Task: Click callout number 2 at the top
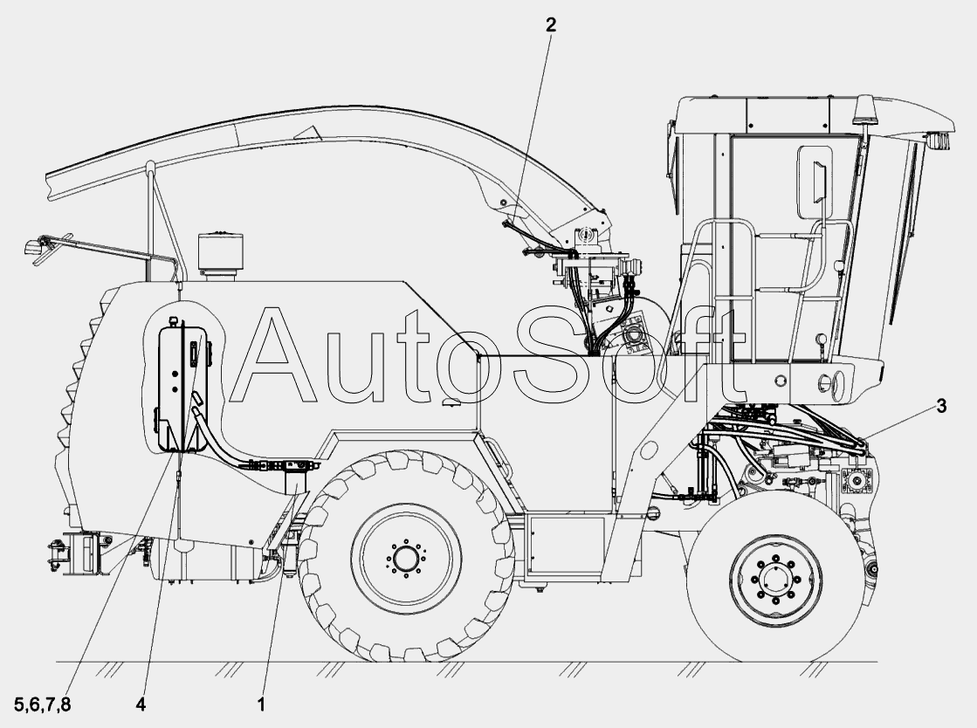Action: (x=550, y=25)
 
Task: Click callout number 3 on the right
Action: (x=941, y=406)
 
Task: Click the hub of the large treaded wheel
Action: (x=406, y=558)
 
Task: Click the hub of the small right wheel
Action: (x=773, y=579)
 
